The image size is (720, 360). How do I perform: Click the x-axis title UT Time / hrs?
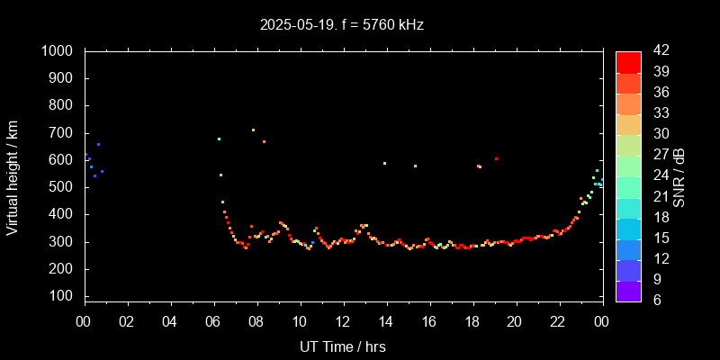tap(343, 346)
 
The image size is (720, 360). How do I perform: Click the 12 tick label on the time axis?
tap(343, 321)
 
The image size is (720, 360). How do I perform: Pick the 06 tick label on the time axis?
tap(213, 321)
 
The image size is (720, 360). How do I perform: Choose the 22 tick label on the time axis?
tap(558, 321)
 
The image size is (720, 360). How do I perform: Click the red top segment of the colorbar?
tap(628, 61)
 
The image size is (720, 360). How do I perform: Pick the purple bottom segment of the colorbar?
tap(628, 290)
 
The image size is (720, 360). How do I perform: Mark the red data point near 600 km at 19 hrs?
tap(496, 159)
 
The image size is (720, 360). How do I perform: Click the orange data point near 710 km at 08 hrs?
tap(253, 130)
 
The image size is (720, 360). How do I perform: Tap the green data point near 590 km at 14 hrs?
tap(384, 163)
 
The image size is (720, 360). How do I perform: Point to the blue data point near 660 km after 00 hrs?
tap(98, 144)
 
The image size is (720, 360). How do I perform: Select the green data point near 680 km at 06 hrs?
tap(219, 139)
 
